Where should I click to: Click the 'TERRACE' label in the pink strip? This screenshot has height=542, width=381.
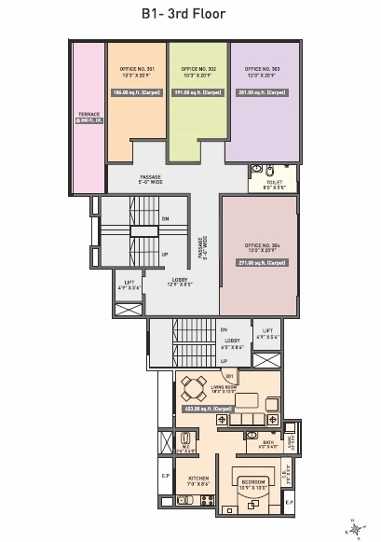point(89,116)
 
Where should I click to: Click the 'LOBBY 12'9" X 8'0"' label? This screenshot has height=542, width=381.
point(179,282)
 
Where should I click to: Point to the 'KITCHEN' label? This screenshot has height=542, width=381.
point(197,479)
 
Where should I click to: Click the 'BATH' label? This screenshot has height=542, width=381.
point(267,444)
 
